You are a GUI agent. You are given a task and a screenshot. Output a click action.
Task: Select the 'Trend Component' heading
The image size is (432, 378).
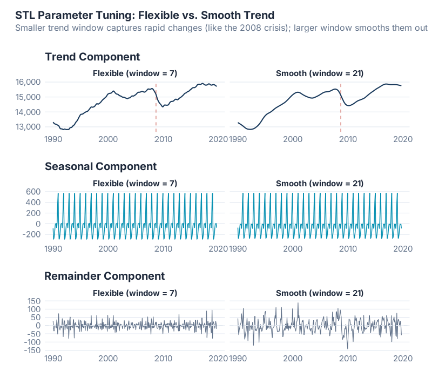click(x=92, y=57)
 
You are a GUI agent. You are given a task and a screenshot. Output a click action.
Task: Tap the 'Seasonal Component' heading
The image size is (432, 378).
click(x=100, y=166)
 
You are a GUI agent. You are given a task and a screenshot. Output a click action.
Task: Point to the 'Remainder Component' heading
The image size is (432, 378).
click(x=104, y=276)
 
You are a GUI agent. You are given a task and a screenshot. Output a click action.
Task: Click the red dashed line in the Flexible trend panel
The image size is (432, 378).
click(x=156, y=108)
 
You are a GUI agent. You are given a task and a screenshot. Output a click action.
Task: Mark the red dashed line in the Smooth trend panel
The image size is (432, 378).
click(x=341, y=108)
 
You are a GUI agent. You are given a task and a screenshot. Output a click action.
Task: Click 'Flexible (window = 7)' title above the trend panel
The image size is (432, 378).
click(x=135, y=73)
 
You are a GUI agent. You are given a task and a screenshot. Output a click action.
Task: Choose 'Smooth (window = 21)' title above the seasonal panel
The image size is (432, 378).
click(x=320, y=184)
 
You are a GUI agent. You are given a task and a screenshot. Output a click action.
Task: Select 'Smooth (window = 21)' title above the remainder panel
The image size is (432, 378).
click(x=320, y=293)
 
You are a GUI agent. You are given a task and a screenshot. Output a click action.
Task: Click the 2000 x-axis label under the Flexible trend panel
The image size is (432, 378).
click(x=108, y=139)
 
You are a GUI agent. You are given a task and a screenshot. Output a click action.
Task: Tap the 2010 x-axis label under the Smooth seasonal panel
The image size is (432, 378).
click(x=348, y=249)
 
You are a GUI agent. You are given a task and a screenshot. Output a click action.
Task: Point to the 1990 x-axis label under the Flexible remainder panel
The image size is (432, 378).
click(x=53, y=359)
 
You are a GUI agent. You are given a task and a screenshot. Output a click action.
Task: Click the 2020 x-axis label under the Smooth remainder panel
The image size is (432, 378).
click(x=403, y=359)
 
